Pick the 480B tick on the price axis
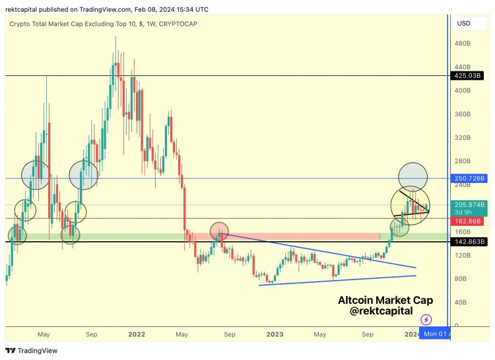point(463,44)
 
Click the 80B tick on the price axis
point(461,279)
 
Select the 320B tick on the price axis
point(463,138)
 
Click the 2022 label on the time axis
point(137,334)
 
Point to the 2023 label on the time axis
point(275,334)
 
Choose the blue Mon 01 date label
point(436,334)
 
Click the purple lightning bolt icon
point(426,320)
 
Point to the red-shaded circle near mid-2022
point(219,231)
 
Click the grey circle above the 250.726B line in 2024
point(412,176)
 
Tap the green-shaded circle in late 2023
point(399,228)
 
